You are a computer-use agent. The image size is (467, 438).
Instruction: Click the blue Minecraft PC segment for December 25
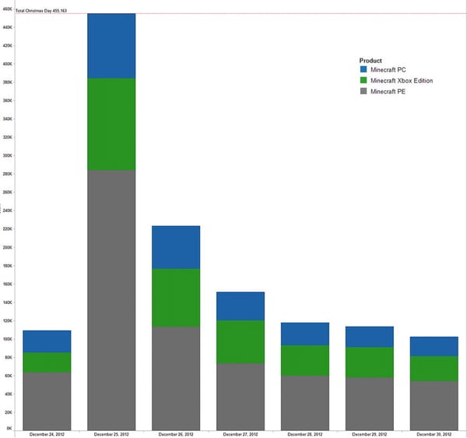pyautogui.click(x=111, y=46)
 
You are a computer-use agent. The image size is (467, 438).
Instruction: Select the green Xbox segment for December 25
pyautogui.click(x=111, y=124)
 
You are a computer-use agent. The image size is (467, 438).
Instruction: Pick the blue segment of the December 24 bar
pyautogui.click(x=47, y=341)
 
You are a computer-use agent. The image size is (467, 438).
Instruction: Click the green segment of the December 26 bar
pyautogui.click(x=176, y=298)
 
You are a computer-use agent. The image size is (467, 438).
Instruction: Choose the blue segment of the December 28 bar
pyautogui.click(x=305, y=334)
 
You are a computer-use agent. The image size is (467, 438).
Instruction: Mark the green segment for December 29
pyautogui.click(x=370, y=362)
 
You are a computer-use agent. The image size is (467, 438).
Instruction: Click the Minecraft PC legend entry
pyautogui.click(x=388, y=70)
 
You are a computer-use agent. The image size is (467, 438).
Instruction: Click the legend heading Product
pyautogui.click(x=370, y=60)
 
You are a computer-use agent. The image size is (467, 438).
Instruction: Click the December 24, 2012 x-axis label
pyautogui.click(x=47, y=433)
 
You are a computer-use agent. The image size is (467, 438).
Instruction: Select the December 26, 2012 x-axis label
pyautogui.click(x=176, y=433)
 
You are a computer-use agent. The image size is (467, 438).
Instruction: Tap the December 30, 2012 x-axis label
pyautogui.click(x=434, y=433)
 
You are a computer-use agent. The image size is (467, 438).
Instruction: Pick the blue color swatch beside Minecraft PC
pyautogui.click(x=363, y=70)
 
